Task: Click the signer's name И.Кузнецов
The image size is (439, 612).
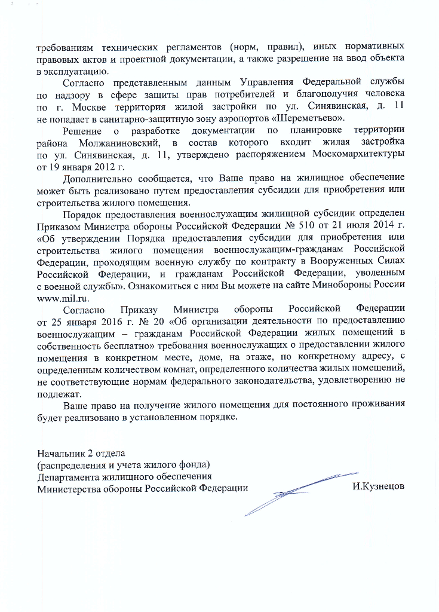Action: (x=378, y=486)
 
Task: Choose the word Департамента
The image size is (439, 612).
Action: (x=70, y=476)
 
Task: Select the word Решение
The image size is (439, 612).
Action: (x=81, y=130)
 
